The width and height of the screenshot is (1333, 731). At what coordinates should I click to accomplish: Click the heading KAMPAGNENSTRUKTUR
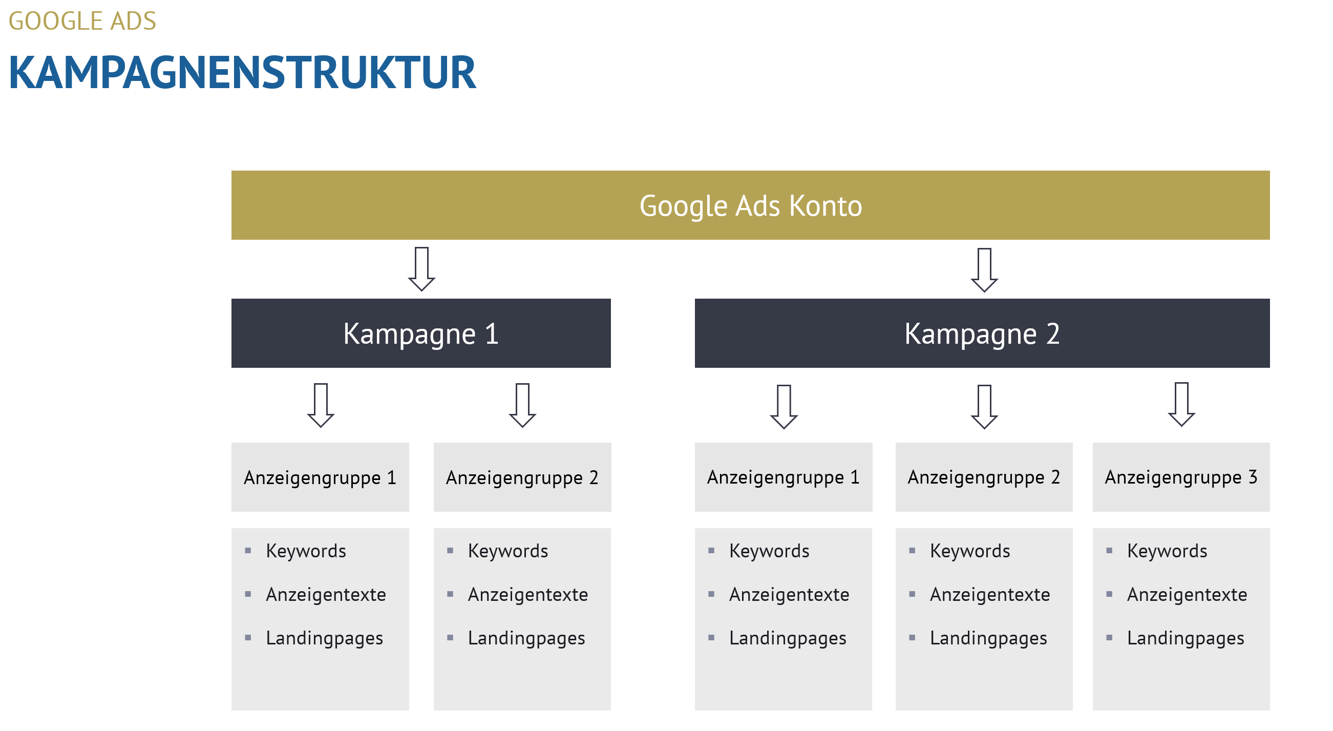(242, 72)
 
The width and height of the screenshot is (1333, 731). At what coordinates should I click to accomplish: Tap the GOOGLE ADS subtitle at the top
(82, 21)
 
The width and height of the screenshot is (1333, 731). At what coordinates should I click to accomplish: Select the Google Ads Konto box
(750, 205)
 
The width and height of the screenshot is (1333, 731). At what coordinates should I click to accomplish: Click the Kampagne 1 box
(421, 333)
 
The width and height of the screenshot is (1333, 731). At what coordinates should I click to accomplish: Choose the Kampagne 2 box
(982, 333)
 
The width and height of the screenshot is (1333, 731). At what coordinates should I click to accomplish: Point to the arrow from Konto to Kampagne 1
(422, 269)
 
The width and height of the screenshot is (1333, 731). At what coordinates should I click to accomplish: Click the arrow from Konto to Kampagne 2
(984, 270)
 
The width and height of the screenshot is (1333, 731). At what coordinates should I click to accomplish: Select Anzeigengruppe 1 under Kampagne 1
(320, 477)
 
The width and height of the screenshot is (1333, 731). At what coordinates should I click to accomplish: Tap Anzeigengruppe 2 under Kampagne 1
(522, 477)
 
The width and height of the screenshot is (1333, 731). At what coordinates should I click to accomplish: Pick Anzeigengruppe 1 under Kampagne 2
(784, 477)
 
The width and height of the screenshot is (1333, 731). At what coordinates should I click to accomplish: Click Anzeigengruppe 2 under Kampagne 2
(984, 477)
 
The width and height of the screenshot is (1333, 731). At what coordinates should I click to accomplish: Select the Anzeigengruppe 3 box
(1181, 477)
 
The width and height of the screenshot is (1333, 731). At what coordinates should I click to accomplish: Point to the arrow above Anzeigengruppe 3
(1181, 404)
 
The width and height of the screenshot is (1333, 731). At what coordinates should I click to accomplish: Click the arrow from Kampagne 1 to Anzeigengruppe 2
(523, 405)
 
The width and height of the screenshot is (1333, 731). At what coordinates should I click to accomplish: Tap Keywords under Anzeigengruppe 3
(1167, 551)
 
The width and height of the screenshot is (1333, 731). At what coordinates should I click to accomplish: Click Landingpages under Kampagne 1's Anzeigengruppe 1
(325, 638)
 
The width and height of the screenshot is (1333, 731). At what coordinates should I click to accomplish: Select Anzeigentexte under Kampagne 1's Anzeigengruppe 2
(528, 594)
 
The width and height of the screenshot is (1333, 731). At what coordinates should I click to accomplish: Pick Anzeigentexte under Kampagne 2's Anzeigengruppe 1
(789, 594)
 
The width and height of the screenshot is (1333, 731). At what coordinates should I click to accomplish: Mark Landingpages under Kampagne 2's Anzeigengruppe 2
(988, 638)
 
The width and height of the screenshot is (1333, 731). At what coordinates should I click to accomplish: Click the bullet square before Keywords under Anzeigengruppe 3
(1109, 550)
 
